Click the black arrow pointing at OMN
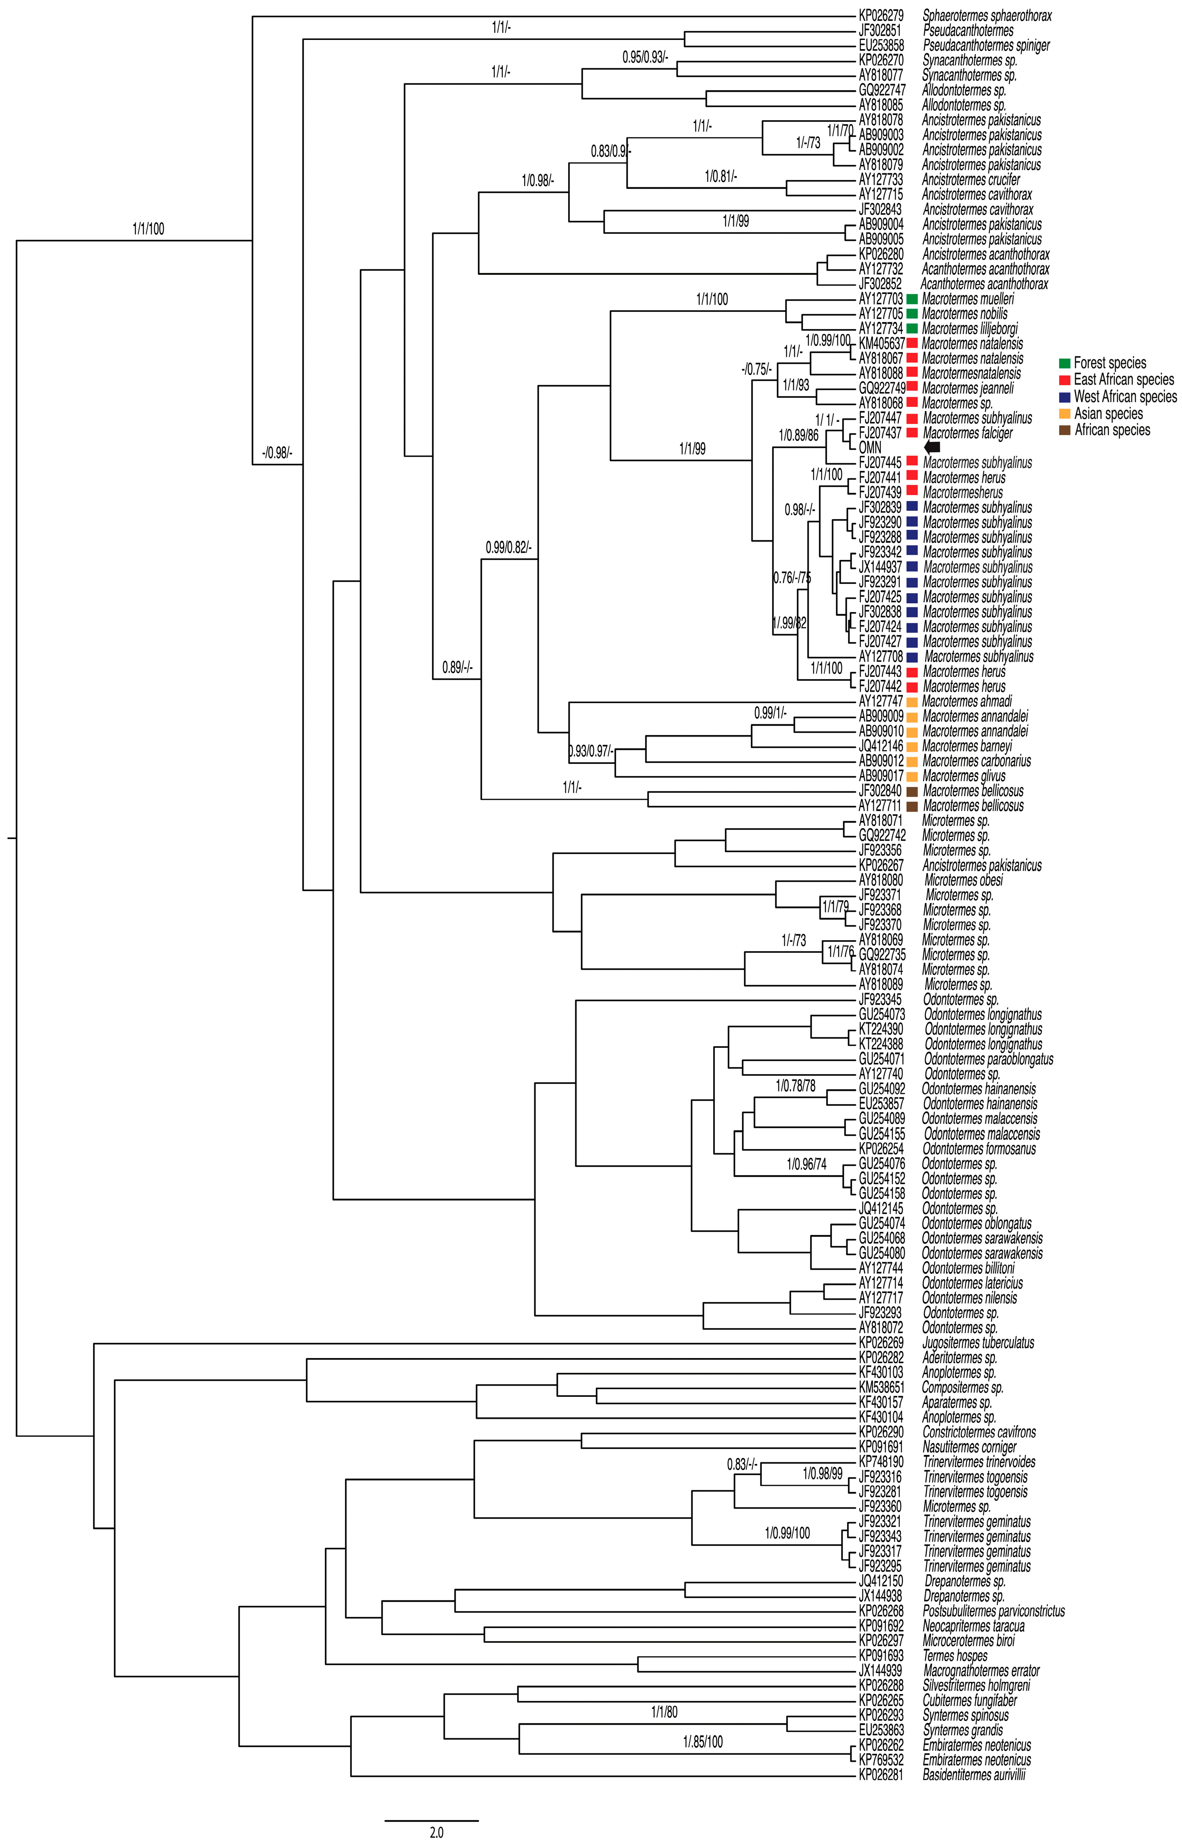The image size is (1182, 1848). [x=932, y=447]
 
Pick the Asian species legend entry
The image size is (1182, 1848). [x=1108, y=414]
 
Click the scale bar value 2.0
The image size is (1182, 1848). [x=436, y=1833]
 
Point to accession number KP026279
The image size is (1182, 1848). [x=881, y=15]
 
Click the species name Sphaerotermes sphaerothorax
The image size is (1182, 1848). [x=986, y=15]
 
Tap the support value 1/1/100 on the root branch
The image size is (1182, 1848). [x=148, y=229]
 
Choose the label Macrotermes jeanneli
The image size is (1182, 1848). [x=967, y=388]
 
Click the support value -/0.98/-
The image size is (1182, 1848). [x=277, y=453]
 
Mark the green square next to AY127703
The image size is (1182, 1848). [x=912, y=299]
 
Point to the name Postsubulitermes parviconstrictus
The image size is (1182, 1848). [x=993, y=1611]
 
